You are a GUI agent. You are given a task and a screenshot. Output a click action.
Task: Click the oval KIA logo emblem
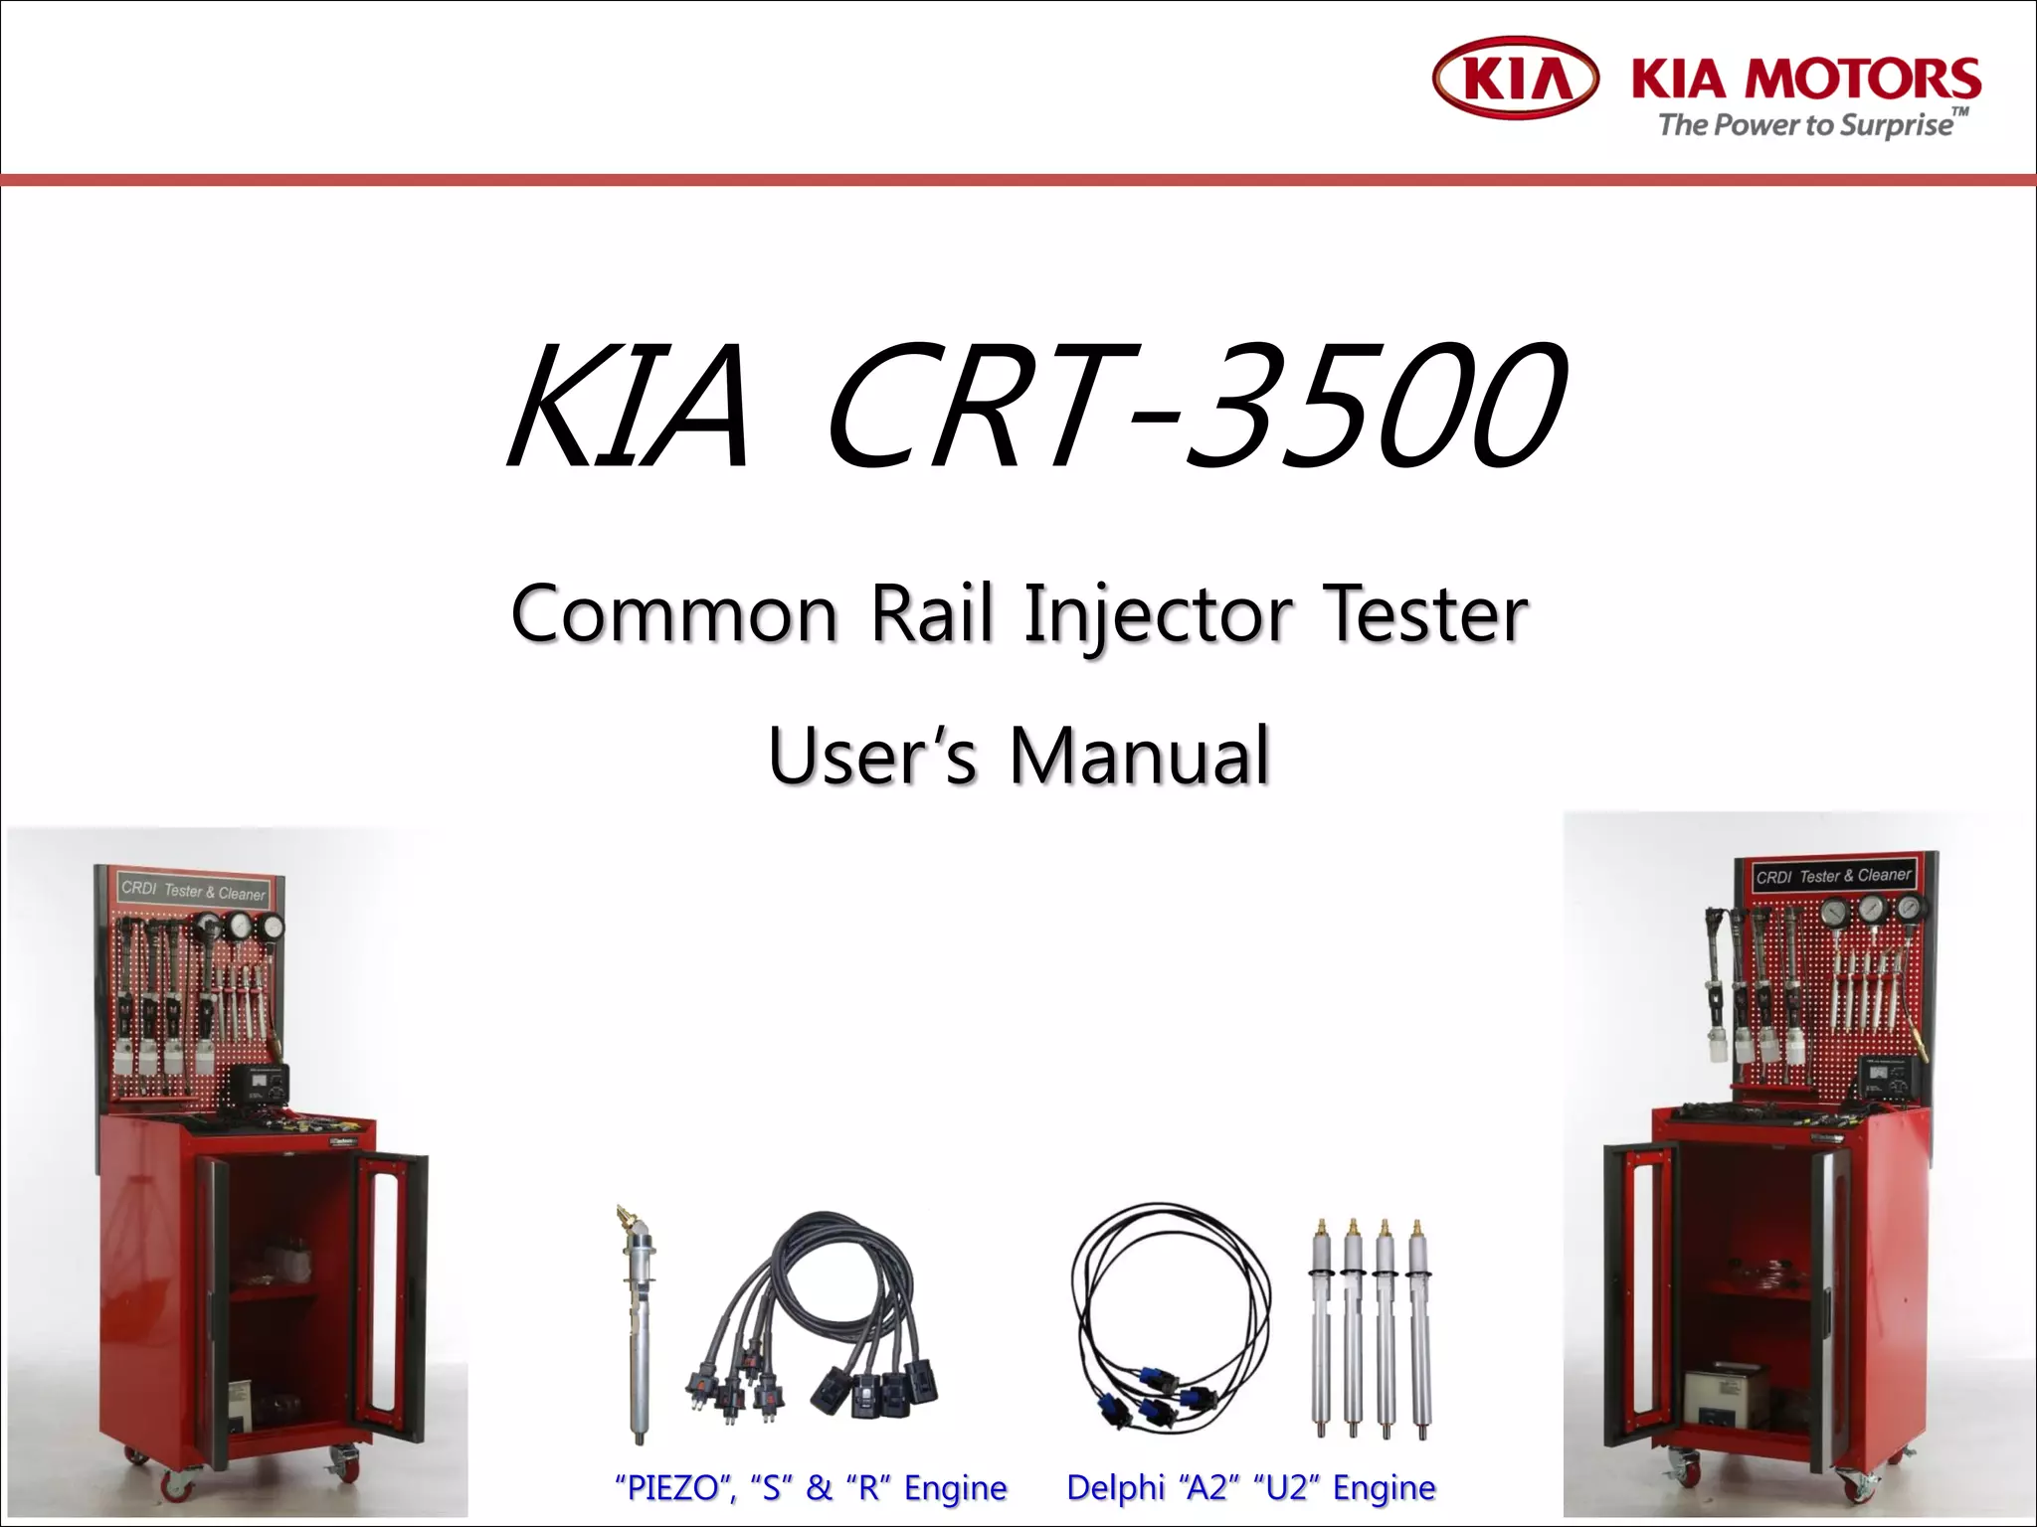[x=1515, y=78]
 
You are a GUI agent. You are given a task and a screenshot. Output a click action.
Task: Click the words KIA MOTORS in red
[x=1805, y=78]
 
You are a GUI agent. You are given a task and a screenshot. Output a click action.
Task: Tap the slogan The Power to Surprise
[x=1805, y=125]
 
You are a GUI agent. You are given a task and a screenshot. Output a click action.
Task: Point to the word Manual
[x=1139, y=756]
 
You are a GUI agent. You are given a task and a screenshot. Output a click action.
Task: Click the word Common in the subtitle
[x=674, y=614]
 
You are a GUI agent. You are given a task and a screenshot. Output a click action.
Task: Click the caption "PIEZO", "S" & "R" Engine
[x=811, y=1488]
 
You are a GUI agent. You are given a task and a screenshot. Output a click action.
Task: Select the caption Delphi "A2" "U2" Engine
[x=1250, y=1488]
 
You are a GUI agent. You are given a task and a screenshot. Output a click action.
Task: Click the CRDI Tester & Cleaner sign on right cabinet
[x=1833, y=876]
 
